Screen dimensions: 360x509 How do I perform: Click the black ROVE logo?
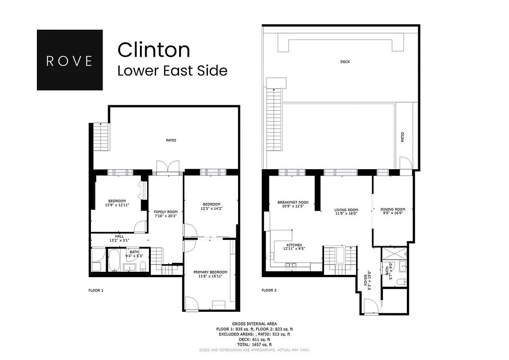click(69, 60)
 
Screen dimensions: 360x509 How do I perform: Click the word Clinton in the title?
click(153, 50)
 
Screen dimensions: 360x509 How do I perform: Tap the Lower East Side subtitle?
click(172, 71)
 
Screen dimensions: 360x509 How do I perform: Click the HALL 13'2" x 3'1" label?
click(119, 238)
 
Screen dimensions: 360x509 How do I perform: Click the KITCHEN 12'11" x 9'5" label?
click(294, 246)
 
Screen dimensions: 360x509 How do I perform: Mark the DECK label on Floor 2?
click(345, 62)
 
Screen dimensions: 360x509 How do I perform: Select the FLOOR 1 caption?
click(96, 290)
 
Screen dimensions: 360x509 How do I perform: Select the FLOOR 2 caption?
click(269, 290)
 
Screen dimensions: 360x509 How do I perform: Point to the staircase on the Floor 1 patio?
click(101, 134)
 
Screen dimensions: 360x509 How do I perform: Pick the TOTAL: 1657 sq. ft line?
click(254, 345)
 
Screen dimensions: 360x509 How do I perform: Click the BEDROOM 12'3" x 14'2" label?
click(211, 206)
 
